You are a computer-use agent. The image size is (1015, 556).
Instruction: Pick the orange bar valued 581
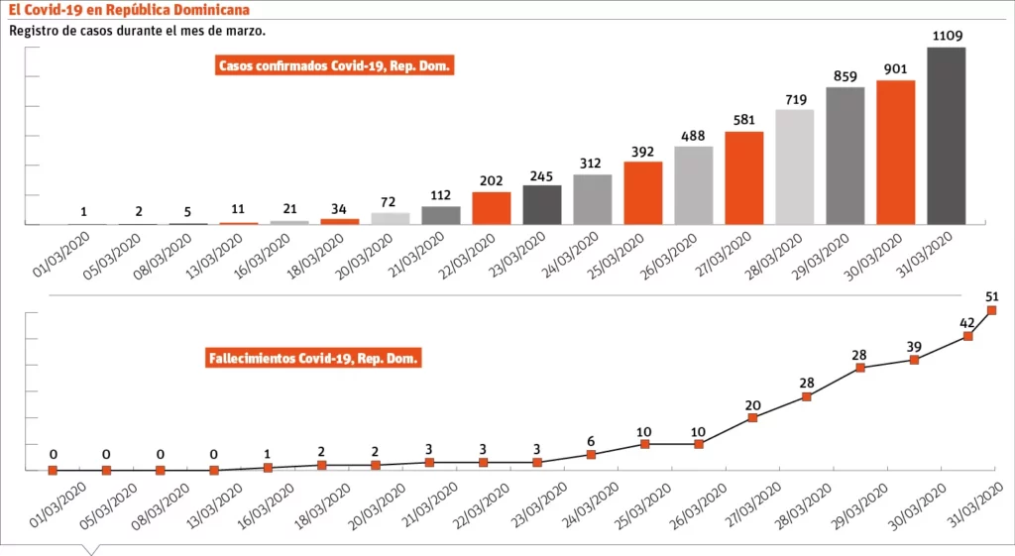743,177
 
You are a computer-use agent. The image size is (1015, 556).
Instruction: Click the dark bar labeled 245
542,204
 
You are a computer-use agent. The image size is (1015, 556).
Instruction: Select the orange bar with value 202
491,207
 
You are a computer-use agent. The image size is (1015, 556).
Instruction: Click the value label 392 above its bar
642,153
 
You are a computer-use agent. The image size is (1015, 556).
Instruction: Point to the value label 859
845,75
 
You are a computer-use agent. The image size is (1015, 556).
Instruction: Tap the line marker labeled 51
992,310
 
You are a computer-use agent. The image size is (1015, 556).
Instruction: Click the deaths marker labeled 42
967,336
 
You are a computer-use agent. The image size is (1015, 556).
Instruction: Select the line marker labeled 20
752,417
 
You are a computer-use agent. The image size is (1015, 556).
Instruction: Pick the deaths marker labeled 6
591,454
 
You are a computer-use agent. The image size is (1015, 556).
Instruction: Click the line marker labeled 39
914,360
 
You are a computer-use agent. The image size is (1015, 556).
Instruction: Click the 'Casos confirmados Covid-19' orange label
335,66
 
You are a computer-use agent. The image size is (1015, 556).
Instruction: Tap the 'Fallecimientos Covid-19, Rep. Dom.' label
313,358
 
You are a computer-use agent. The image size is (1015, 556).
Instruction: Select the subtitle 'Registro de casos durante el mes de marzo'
137,30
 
